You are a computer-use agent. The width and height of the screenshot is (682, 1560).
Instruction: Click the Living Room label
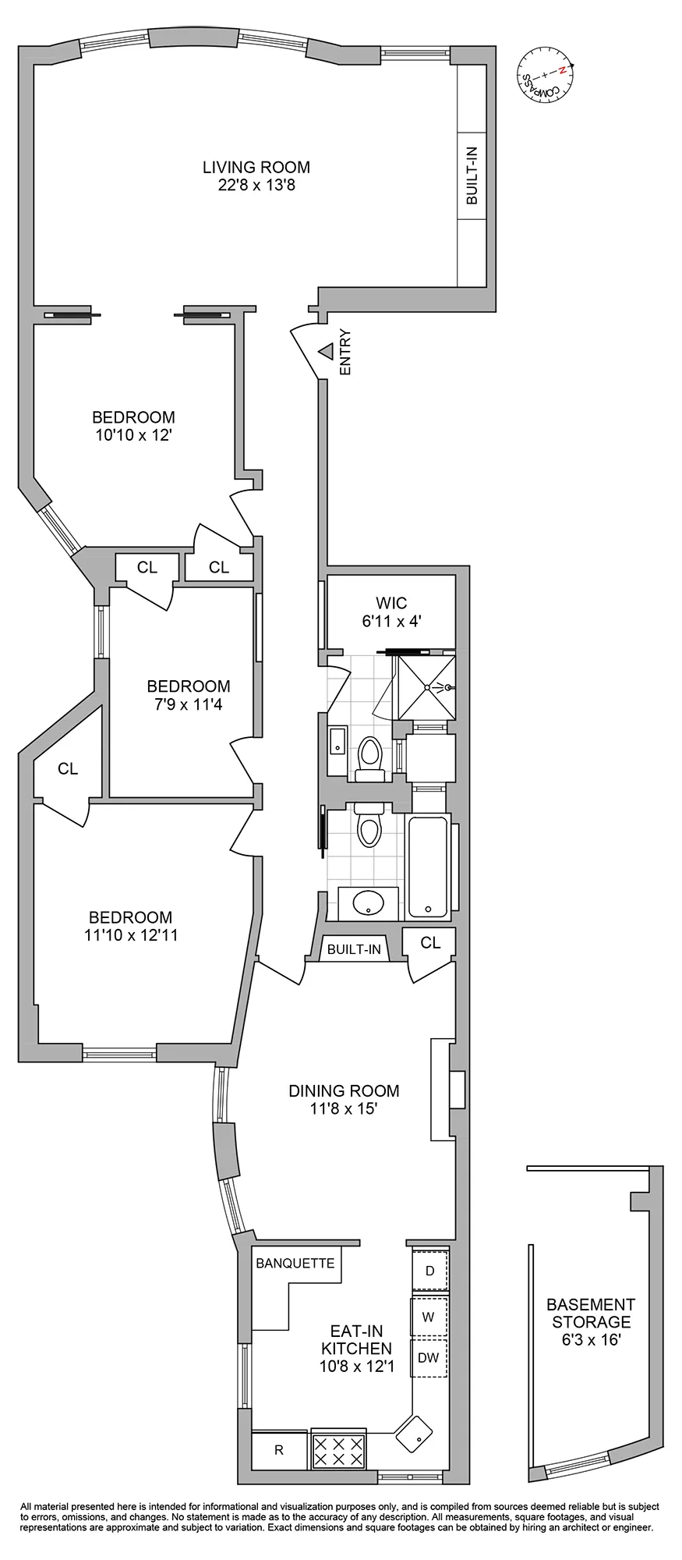tap(256, 168)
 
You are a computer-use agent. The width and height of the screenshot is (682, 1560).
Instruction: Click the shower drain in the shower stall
tap(427, 687)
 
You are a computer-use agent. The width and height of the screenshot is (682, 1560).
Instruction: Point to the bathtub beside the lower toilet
tap(428, 866)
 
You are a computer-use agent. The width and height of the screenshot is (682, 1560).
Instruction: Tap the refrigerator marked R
tap(279, 1451)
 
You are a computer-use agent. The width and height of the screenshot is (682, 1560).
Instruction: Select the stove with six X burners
tap(339, 1450)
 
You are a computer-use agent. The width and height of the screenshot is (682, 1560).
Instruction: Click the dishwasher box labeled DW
tap(429, 1357)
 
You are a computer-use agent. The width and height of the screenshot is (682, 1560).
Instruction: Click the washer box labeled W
tap(429, 1317)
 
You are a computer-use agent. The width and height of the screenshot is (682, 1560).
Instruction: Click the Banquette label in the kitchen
tap(295, 1263)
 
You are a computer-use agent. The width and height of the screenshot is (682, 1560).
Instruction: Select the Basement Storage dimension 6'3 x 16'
tap(590, 1340)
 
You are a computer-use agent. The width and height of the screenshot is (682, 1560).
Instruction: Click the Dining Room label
tap(344, 1090)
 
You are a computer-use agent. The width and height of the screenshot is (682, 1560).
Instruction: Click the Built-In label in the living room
tap(472, 176)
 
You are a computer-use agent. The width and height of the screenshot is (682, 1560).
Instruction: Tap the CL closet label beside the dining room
tap(430, 942)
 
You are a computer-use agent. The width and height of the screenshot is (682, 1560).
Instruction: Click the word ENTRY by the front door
tap(345, 353)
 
